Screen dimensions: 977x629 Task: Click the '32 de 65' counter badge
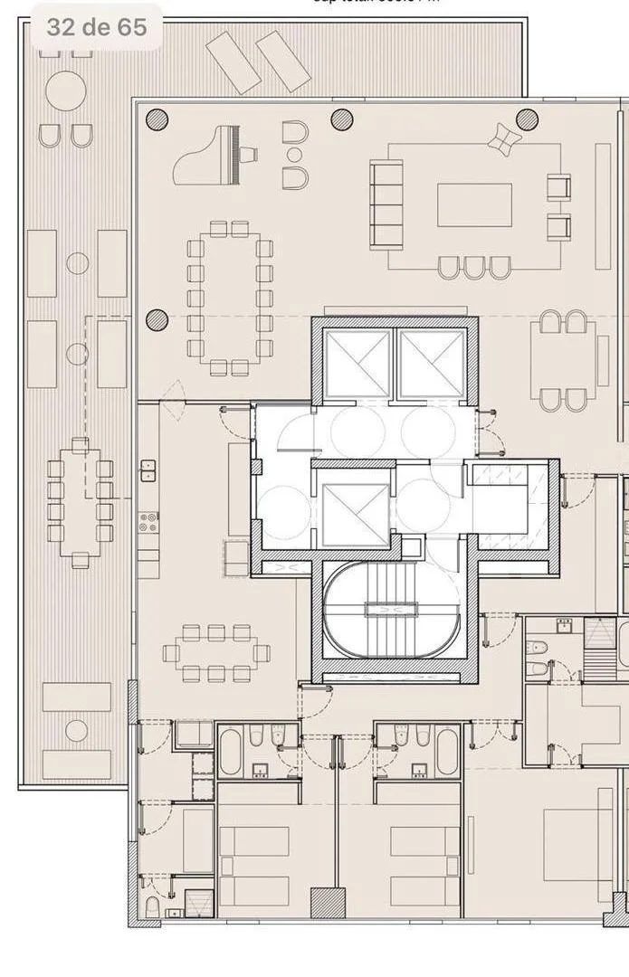(x=96, y=27)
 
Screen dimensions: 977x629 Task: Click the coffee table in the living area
(x=474, y=205)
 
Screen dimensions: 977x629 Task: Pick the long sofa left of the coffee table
(x=386, y=205)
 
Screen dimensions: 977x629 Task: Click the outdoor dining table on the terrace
(x=81, y=500)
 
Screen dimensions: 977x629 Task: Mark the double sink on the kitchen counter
(x=148, y=470)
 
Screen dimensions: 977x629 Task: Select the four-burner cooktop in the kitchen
(x=148, y=523)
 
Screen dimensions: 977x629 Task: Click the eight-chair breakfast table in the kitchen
(x=216, y=652)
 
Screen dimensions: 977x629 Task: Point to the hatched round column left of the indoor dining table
(x=157, y=319)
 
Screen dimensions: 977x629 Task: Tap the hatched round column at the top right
(x=527, y=119)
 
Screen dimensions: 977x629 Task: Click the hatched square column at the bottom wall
(x=328, y=902)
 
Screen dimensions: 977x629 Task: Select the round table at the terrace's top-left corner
(x=65, y=91)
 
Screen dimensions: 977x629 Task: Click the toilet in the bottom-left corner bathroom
(x=152, y=906)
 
